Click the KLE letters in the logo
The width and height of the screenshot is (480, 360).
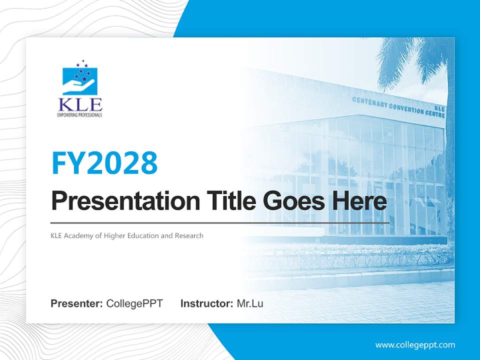tap(80, 104)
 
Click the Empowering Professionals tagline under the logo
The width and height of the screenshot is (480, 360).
tap(80, 115)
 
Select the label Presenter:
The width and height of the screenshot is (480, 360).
tap(77, 303)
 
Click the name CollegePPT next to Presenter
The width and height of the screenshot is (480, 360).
tap(134, 303)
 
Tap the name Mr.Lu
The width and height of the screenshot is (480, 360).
tap(250, 303)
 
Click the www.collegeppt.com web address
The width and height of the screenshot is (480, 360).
tap(415, 344)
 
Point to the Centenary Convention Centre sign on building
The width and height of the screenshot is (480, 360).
tap(397, 106)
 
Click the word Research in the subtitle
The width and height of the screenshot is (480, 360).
tap(189, 235)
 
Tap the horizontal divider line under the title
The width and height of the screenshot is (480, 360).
tap(220, 222)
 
